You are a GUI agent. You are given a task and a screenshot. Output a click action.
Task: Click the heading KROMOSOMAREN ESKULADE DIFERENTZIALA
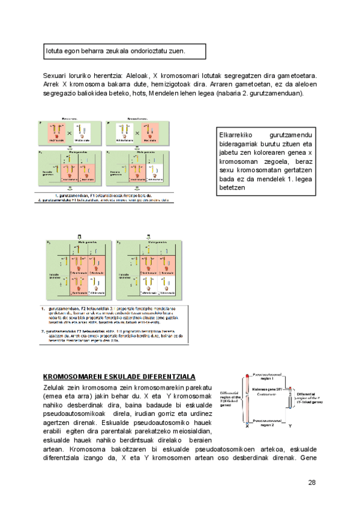click(x=119, y=376)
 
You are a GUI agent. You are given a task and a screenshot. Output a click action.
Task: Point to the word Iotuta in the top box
click(x=56, y=51)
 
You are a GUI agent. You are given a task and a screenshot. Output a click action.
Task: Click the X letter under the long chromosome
click(x=247, y=426)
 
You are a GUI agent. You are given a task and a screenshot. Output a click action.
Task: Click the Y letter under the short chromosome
click(x=290, y=426)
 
